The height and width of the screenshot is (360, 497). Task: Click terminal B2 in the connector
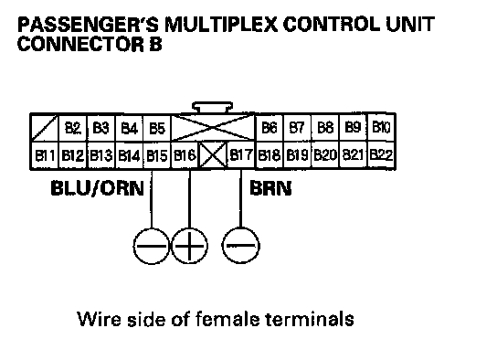coord(73,128)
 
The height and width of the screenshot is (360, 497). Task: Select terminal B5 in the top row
coord(157,128)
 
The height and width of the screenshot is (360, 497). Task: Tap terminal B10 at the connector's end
coord(381,127)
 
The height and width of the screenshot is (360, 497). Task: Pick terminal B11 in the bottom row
coord(45,155)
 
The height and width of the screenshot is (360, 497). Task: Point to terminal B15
coord(157,155)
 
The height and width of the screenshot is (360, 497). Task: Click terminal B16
coord(185,155)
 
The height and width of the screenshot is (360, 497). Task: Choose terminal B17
coord(241,155)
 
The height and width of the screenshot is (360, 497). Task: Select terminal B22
coord(381,155)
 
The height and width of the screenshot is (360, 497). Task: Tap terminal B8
coord(325,128)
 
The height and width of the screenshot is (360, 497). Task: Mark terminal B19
coord(297,155)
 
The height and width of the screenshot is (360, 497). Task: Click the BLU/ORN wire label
coord(98,188)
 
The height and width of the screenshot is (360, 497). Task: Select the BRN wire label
coord(270,188)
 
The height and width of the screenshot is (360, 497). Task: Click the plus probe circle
coord(189,246)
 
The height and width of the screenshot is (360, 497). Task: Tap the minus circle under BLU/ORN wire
coord(152,246)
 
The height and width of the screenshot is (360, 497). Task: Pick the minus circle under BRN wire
coord(240,246)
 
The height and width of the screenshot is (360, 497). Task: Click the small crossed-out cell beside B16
coord(213,155)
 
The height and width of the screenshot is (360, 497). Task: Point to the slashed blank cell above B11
coord(45,128)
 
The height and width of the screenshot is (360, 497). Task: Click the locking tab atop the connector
coord(212,107)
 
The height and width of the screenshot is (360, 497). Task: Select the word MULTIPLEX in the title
coord(221,24)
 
